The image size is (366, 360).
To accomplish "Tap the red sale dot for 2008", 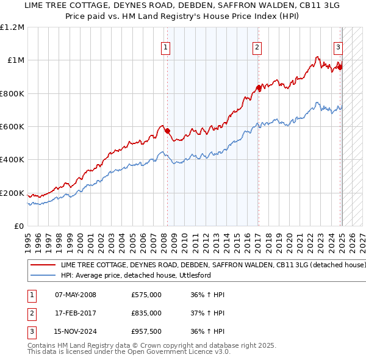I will point(167,131).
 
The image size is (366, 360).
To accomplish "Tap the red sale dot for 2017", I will point(259,88).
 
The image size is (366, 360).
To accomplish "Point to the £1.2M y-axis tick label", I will point(12,27).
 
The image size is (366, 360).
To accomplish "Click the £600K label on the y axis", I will point(12,127).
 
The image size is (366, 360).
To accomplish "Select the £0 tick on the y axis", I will point(18,226).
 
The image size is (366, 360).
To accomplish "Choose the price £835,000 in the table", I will point(146,313).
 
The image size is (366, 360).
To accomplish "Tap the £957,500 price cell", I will point(146,331).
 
